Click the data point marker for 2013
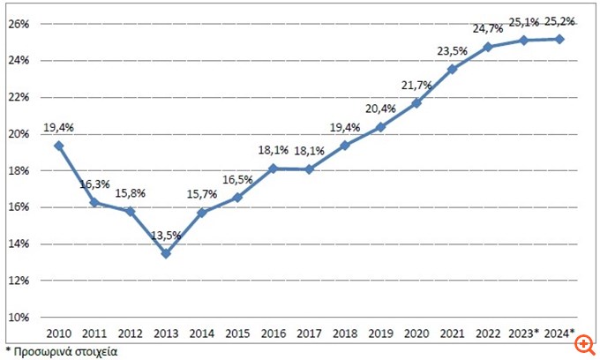pyautogui.click(x=166, y=253)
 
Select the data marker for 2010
pyautogui.click(x=58, y=146)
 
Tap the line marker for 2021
pyautogui.click(x=452, y=70)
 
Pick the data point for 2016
pyautogui.click(x=274, y=169)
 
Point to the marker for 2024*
pyautogui.click(x=559, y=39)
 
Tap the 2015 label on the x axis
pyautogui.click(x=237, y=333)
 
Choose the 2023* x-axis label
pyautogui.click(x=524, y=333)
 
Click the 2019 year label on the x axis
pyautogui.click(x=380, y=333)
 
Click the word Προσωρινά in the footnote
pyautogui.click(x=43, y=350)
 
